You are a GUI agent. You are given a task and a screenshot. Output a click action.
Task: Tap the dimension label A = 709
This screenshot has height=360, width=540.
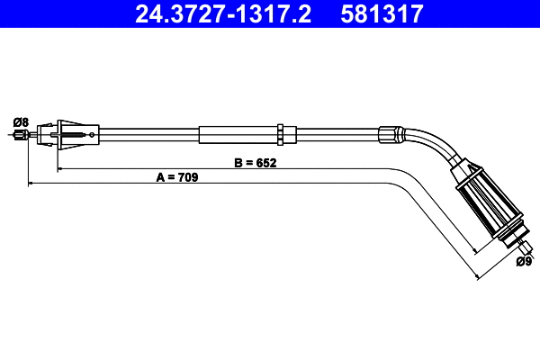(x=176, y=178)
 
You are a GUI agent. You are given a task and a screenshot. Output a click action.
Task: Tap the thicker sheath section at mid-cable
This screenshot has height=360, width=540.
(x=238, y=133)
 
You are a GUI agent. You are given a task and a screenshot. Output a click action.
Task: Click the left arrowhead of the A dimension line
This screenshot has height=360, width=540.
(x=32, y=184)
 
